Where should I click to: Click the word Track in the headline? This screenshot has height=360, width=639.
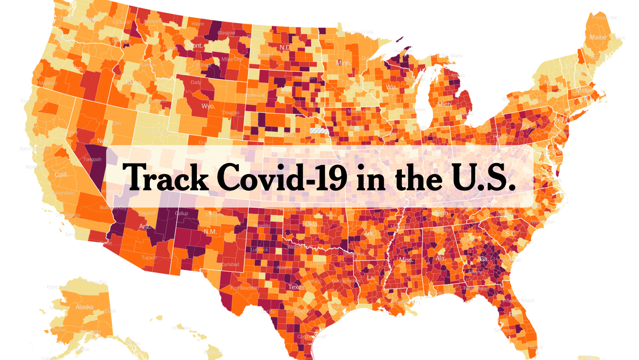click(x=165, y=177)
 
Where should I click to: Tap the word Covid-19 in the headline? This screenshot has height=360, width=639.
click(x=282, y=177)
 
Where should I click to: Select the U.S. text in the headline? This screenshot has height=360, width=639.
click(x=483, y=177)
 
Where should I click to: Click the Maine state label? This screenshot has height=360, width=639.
click(x=598, y=37)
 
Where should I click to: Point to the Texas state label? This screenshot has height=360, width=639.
click(x=296, y=287)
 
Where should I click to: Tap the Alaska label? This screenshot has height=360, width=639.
click(x=84, y=307)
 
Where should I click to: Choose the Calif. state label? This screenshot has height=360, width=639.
click(x=61, y=175)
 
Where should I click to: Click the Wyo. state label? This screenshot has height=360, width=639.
click(x=208, y=106)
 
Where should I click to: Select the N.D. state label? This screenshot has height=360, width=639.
click(x=285, y=47)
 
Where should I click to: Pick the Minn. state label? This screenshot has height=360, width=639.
click(x=343, y=63)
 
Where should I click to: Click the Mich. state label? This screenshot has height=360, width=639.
click(x=444, y=104)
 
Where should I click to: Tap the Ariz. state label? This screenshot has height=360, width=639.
click(x=145, y=226)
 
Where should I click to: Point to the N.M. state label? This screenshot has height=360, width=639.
click(x=210, y=232)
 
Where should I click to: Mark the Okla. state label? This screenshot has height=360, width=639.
click(x=312, y=224)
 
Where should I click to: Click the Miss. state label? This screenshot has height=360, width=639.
click(x=406, y=259)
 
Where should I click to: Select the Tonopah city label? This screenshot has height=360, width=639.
click(x=92, y=159)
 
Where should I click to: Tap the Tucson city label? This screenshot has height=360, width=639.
click(x=149, y=257)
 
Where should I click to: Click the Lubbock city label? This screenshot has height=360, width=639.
click(x=259, y=250)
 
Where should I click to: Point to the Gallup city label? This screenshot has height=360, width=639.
click(x=181, y=213)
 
